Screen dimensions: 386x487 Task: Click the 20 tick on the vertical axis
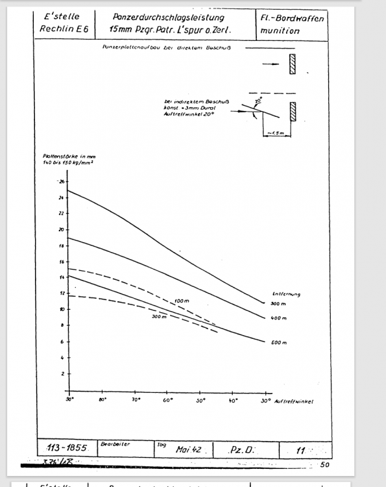(x=62, y=229)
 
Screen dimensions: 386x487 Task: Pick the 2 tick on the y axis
(x=64, y=374)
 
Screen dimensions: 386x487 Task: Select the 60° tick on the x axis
(x=168, y=401)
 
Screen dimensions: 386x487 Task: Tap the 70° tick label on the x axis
(x=136, y=401)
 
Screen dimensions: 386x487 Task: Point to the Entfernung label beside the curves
(x=286, y=294)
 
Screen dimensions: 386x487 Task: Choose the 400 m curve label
(x=280, y=318)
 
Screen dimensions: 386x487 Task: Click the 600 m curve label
(x=280, y=342)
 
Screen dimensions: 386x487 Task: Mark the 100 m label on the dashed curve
(x=182, y=301)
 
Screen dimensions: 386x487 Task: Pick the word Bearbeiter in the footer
(x=115, y=444)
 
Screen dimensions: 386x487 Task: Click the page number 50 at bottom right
(x=324, y=465)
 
